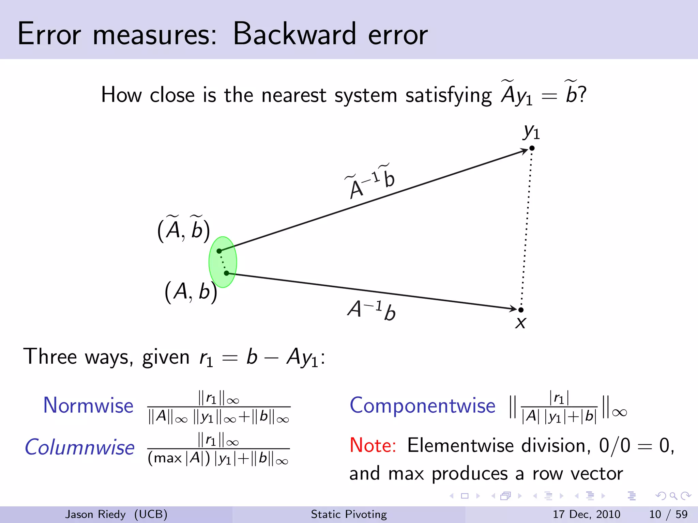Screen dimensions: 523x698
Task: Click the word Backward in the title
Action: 294,34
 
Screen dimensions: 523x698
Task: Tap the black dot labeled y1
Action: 532,148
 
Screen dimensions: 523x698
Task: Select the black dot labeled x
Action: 521,310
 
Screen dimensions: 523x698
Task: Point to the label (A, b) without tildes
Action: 191,292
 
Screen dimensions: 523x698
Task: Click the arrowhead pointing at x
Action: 513,308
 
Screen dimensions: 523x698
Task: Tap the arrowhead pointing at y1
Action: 524,151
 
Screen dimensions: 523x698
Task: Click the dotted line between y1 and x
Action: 527,228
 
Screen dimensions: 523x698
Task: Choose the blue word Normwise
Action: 88,406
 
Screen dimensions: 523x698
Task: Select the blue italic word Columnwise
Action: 80,447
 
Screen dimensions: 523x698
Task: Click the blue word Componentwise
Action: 422,406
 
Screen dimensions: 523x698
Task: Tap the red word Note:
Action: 373,445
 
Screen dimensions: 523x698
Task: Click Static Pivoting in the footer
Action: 349,514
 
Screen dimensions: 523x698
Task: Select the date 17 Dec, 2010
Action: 586,514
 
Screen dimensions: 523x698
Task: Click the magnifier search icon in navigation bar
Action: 673,496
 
